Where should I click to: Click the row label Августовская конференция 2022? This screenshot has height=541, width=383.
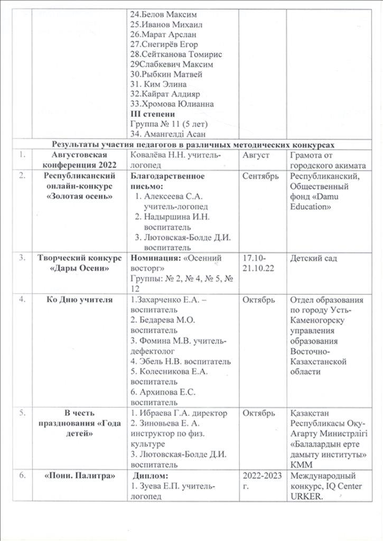pyautogui.click(x=79, y=159)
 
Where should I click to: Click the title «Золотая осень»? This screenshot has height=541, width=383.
pyautogui.click(x=79, y=196)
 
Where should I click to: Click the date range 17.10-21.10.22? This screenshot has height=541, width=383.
pyautogui.click(x=254, y=263)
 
